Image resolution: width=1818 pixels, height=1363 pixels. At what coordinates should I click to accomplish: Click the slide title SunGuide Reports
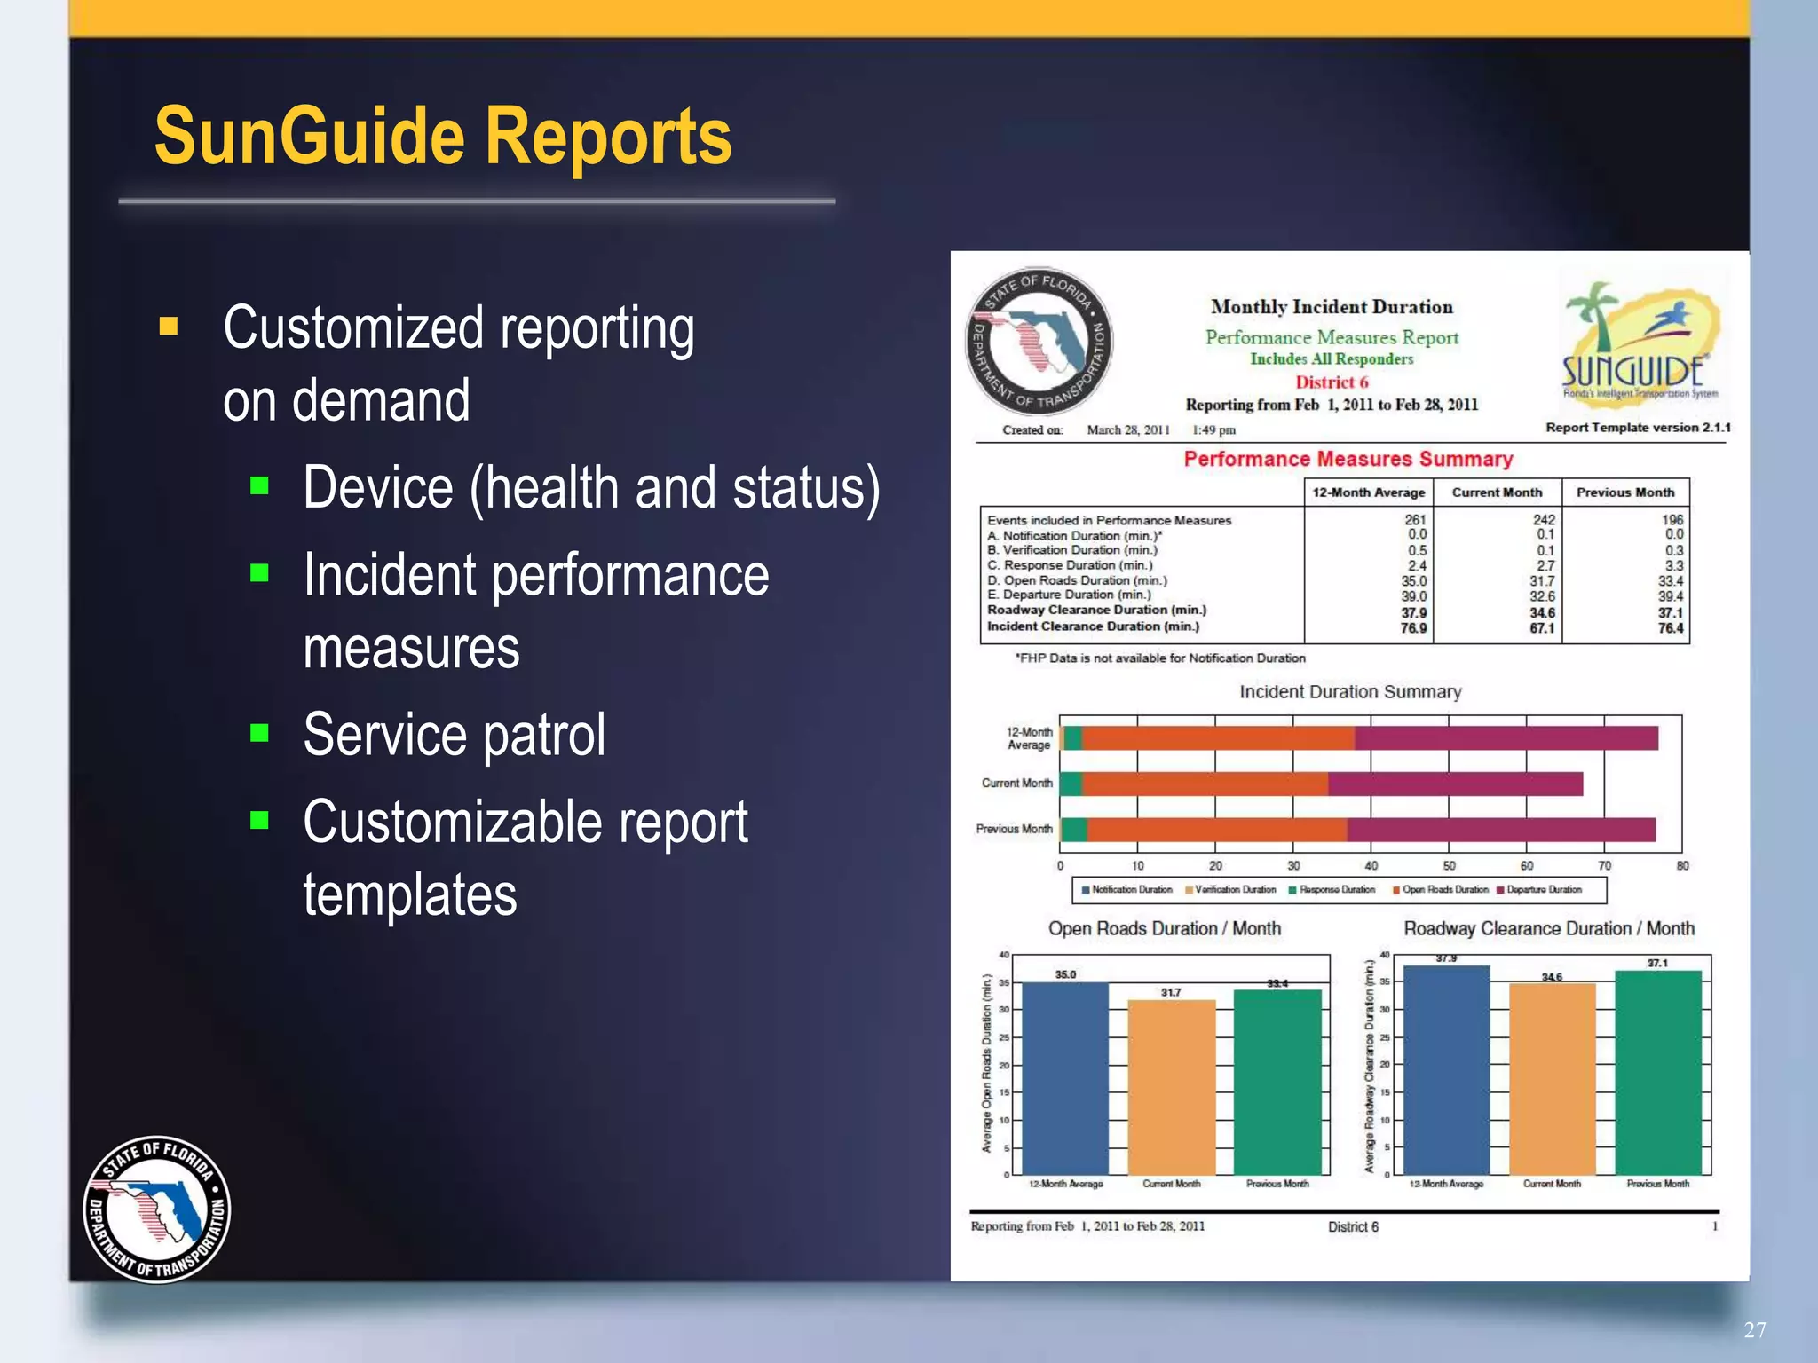442,138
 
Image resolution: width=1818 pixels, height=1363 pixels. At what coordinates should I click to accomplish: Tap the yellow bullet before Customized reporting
169,327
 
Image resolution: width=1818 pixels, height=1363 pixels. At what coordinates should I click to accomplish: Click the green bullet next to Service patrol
259,732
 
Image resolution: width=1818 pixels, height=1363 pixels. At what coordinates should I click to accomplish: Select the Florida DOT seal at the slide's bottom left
157,1209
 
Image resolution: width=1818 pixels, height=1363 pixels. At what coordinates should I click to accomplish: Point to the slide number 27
1754,1329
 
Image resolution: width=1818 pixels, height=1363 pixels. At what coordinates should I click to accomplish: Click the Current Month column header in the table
1497,492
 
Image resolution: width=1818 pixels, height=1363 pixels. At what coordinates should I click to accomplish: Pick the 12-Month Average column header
1368,492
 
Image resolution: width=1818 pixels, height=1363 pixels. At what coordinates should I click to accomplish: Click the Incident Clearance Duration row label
1093,626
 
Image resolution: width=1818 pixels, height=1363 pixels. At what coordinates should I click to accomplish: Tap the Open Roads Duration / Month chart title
1164,928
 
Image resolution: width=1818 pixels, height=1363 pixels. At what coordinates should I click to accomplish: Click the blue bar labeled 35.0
1065,1077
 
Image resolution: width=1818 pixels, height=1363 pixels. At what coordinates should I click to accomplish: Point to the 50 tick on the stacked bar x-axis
1449,865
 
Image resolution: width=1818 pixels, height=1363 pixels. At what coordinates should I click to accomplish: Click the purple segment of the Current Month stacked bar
1456,784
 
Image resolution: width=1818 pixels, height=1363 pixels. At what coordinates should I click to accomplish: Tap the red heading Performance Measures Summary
1348,459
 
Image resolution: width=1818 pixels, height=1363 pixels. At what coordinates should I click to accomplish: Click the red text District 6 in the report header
1332,382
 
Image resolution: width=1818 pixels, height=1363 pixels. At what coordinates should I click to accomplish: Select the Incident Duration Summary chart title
1349,691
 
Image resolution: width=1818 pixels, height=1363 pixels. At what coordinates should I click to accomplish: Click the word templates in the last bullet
410,894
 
